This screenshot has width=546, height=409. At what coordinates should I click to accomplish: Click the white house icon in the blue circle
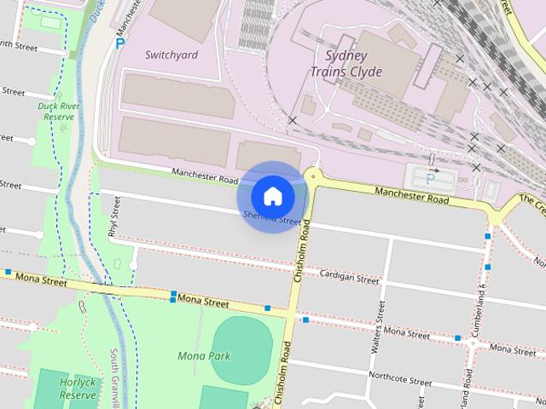click(x=272, y=197)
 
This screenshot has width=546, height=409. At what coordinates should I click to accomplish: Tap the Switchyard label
click(x=171, y=55)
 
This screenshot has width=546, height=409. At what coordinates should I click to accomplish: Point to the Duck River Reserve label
click(x=59, y=111)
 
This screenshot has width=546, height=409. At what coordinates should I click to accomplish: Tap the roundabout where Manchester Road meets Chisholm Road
click(x=313, y=176)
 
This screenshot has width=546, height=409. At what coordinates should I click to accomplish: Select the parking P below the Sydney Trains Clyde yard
click(x=430, y=179)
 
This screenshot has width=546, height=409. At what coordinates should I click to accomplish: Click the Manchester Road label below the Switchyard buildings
click(x=204, y=175)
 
